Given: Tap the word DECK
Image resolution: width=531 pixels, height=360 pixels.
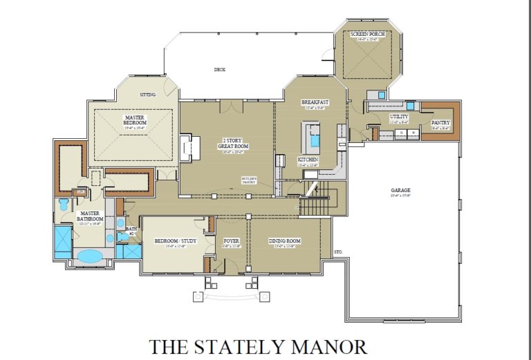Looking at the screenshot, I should [219, 69].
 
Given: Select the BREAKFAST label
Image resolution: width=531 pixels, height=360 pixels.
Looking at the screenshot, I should [315, 102].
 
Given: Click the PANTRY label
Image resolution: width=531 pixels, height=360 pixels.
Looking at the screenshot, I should [440, 122].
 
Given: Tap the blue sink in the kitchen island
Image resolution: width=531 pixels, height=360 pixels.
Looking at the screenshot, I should [315, 141].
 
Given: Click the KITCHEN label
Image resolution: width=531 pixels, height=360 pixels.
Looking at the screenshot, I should [308, 160].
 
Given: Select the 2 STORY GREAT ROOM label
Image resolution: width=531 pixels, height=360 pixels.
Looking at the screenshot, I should [234, 143].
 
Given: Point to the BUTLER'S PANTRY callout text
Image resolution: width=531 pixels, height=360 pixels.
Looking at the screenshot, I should [249, 180].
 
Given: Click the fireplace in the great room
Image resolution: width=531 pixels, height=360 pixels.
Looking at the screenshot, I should [185, 147].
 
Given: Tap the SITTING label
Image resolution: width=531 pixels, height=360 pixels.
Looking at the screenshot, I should [148, 94].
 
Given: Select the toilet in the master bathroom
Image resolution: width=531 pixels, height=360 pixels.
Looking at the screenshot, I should [64, 205].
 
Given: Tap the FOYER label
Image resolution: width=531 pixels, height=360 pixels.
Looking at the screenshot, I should [230, 241].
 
